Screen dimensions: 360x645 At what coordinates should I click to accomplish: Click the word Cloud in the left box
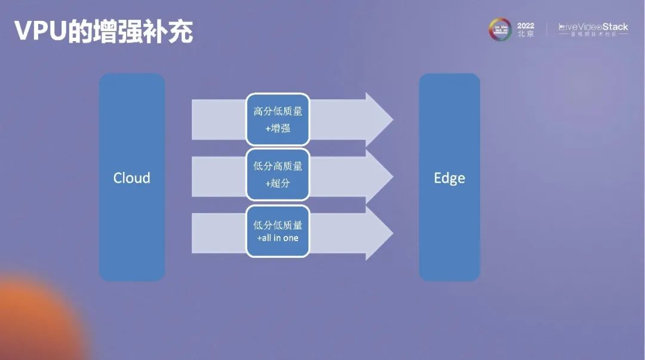(131, 178)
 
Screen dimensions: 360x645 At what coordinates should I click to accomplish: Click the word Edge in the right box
(449, 178)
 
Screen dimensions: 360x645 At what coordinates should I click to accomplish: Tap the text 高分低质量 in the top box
(278, 111)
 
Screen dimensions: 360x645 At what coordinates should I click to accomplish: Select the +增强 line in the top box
(278, 128)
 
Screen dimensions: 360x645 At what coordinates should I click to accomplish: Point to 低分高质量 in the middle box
(278, 167)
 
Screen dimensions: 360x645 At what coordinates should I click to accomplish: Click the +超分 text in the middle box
(278, 183)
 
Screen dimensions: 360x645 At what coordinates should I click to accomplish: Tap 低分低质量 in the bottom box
(278, 224)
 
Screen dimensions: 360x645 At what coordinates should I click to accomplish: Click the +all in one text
(278, 238)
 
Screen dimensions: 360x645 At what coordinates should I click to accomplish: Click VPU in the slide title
(39, 31)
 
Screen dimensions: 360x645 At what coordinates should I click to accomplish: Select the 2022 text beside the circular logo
(526, 26)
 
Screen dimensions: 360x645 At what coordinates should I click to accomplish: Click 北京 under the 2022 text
(526, 35)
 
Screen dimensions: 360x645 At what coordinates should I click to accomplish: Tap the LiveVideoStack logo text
(593, 27)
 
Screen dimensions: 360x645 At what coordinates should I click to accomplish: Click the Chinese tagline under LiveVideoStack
(593, 35)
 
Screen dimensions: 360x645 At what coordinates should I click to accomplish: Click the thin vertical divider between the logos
(546, 30)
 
